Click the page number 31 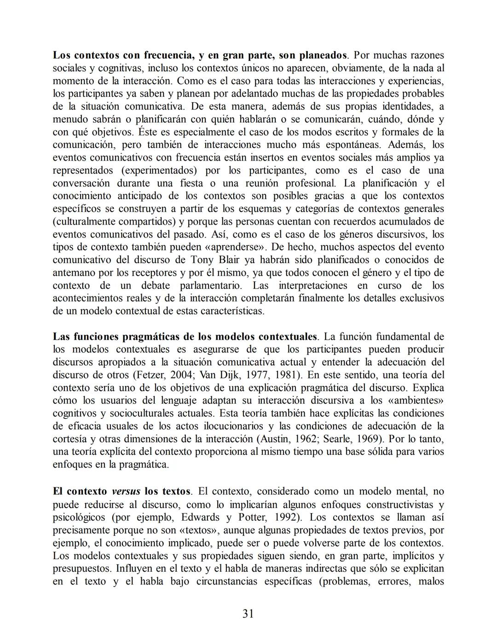point(248,613)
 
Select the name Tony point(202,259)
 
